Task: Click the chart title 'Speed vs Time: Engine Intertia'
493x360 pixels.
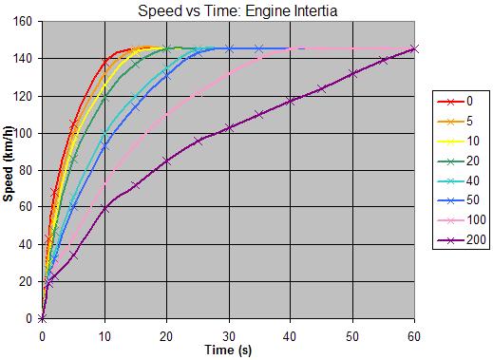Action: click(237, 10)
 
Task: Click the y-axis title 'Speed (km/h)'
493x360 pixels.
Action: click(9, 163)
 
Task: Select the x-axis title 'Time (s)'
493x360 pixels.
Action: click(228, 351)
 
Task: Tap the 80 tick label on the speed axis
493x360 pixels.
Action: click(26, 170)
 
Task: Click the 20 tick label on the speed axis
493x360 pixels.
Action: click(26, 282)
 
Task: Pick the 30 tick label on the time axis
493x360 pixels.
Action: click(228, 336)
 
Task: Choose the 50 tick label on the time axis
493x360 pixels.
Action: click(352, 336)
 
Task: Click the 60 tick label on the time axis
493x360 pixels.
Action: click(414, 336)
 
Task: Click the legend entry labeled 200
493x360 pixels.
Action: click(462, 239)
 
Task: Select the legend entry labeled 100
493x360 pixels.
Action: click(462, 220)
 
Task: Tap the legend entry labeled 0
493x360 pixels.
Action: click(455, 102)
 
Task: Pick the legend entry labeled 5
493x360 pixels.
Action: click(455, 121)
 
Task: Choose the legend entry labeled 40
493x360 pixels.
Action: click(458, 180)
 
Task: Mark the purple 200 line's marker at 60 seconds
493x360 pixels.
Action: click(414, 49)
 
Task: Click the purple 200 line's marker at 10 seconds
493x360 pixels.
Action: click(104, 209)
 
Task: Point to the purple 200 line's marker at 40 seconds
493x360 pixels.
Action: click(291, 102)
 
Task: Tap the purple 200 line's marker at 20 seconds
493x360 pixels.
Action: click(166, 161)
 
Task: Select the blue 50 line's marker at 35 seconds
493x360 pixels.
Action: click(259, 49)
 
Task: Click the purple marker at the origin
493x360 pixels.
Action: click(43, 318)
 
